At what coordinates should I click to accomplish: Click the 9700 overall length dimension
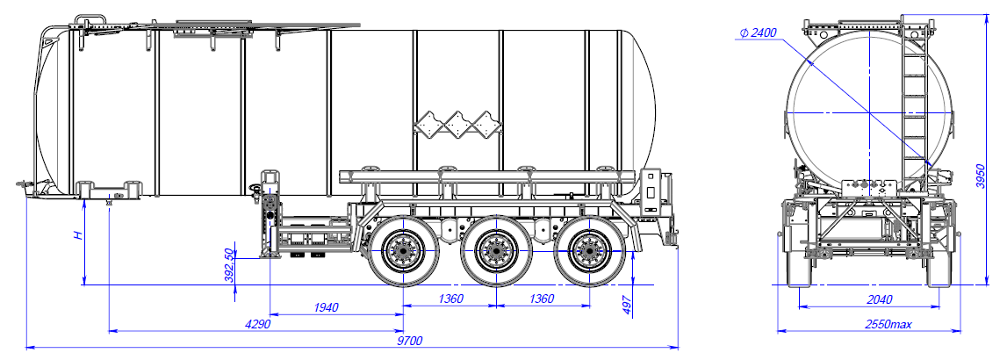(411, 341)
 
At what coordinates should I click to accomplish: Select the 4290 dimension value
(255, 324)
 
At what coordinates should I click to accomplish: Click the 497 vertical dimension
(627, 303)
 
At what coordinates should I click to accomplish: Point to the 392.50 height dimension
(230, 264)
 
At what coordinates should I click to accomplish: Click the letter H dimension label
(77, 235)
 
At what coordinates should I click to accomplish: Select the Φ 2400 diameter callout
(759, 32)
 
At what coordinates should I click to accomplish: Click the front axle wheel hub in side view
(404, 254)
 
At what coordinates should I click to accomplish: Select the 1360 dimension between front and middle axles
(450, 299)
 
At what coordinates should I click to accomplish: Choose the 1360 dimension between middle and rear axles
(542, 299)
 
